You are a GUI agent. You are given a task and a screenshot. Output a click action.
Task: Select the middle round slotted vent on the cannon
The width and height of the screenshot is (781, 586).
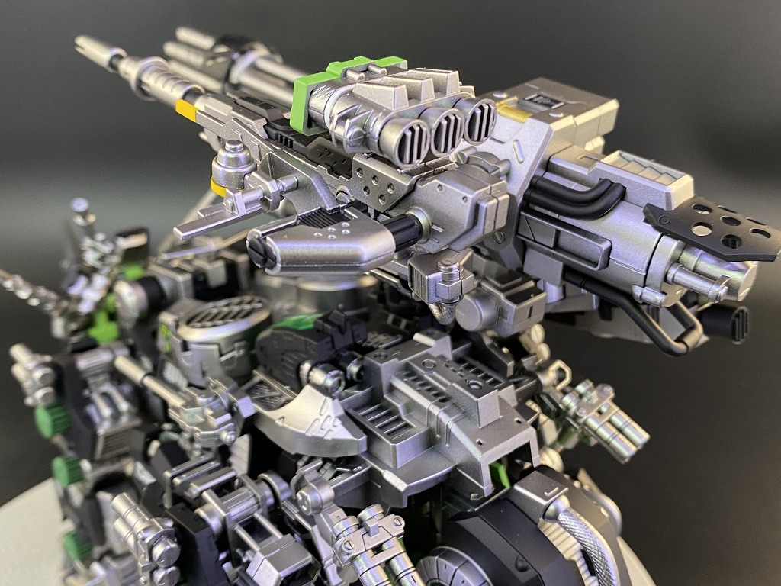click(447, 129)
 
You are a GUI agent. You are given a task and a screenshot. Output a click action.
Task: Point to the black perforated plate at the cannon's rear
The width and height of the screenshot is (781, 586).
click(713, 230)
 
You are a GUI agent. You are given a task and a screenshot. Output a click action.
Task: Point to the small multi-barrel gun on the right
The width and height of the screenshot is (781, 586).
click(603, 417)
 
